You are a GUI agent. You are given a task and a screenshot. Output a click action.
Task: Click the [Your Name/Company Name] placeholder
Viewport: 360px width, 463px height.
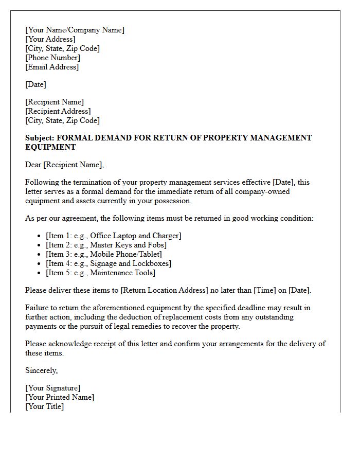75,30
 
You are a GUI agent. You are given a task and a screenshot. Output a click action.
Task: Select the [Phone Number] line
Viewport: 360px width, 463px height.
52,58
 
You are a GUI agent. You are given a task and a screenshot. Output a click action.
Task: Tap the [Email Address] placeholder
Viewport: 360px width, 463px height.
52,67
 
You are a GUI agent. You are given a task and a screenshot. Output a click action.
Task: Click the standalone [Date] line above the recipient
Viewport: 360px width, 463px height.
35,84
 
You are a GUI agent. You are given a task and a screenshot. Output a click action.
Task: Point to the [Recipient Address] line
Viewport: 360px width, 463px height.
58,111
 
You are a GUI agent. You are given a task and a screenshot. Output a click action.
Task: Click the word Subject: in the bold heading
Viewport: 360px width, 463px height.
40,138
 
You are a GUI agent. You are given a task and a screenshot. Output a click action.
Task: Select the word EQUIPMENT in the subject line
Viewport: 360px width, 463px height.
50,147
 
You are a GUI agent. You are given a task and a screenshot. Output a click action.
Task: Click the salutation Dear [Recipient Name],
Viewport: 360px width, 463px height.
64,165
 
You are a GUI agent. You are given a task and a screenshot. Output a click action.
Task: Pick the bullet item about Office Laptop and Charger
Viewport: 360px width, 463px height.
113,236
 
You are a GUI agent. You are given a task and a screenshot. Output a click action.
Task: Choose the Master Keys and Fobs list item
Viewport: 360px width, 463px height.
106,245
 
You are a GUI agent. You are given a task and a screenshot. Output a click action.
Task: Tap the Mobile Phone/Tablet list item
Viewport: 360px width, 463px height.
103,254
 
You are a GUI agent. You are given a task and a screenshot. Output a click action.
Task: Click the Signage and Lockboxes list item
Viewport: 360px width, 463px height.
109,263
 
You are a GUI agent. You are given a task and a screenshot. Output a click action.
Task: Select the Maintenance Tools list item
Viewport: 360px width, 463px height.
100,273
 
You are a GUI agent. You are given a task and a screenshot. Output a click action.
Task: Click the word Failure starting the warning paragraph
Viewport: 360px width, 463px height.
38,308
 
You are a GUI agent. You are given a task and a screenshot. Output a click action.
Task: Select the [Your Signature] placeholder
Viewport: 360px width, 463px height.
52,388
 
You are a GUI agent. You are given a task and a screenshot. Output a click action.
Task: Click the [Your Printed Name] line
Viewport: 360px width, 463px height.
60,397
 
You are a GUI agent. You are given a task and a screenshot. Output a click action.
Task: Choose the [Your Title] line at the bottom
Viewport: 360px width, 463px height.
44,406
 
